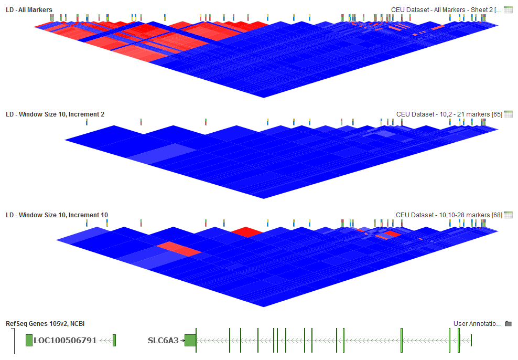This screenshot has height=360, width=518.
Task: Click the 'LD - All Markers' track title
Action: pyautogui.click(x=29, y=9)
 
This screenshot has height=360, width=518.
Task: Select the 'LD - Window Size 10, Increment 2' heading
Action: pyautogui.click(x=55, y=114)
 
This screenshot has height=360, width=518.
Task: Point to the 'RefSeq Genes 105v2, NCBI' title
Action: pyautogui.click(x=45, y=324)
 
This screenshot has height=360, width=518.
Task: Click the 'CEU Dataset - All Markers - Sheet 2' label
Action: pyautogui.click(x=446, y=9)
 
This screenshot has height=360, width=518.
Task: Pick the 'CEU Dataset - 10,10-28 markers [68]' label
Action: pyautogui.click(x=449, y=215)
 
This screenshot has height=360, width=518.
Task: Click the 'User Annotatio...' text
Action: pyautogui.click(x=477, y=324)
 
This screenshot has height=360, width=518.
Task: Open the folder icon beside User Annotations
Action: pyautogui.click(x=508, y=324)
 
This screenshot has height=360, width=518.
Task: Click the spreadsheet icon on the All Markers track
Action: pyautogui.click(x=508, y=9)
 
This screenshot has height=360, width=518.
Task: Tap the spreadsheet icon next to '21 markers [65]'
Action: pyautogui.click(x=508, y=114)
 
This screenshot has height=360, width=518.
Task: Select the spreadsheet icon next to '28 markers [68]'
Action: pyautogui.click(x=508, y=215)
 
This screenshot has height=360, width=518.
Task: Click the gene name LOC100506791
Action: pyautogui.click(x=65, y=340)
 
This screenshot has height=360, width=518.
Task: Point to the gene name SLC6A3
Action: pyautogui.click(x=163, y=340)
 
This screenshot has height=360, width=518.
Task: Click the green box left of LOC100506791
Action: pyautogui.click(x=29, y=340)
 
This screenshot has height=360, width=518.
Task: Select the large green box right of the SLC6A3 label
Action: pyautogui.click(x=190, y=340)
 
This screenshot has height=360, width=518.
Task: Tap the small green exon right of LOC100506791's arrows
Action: pyautogui.click(x=114, y=340)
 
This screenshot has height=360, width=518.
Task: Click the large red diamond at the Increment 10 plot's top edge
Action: pyautogui.click(x=247, y=231)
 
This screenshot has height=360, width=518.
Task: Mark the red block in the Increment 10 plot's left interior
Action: pyautogui.click(x=179, y=249)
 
